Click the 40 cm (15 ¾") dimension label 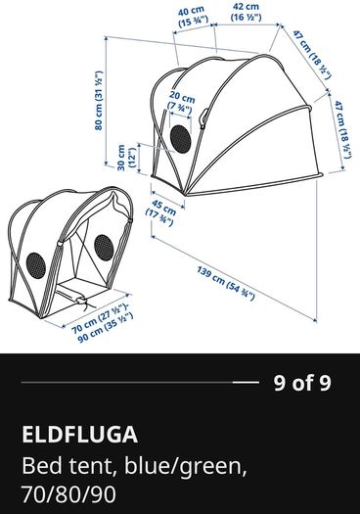click(194, 16)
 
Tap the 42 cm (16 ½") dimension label click(247, 12)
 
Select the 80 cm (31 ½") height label click(99, 100)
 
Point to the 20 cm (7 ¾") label click(182, 102)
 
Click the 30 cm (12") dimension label click(126, 158)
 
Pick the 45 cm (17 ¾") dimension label click(161, 212)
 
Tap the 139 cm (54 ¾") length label click(226, 283)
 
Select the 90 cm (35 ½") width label click(106, 328)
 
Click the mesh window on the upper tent click(181, 139)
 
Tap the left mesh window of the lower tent click(36, 265)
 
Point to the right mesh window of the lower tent click(104, 248)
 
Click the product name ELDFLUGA click(79, 435)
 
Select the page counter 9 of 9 click(302, 383)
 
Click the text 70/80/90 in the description click(69, 494)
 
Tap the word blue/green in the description click(186, 467)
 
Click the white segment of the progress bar click(246, 382)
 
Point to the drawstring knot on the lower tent click(80, 300)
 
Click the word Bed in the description click(42, 465)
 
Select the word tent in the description click(93, 466)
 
